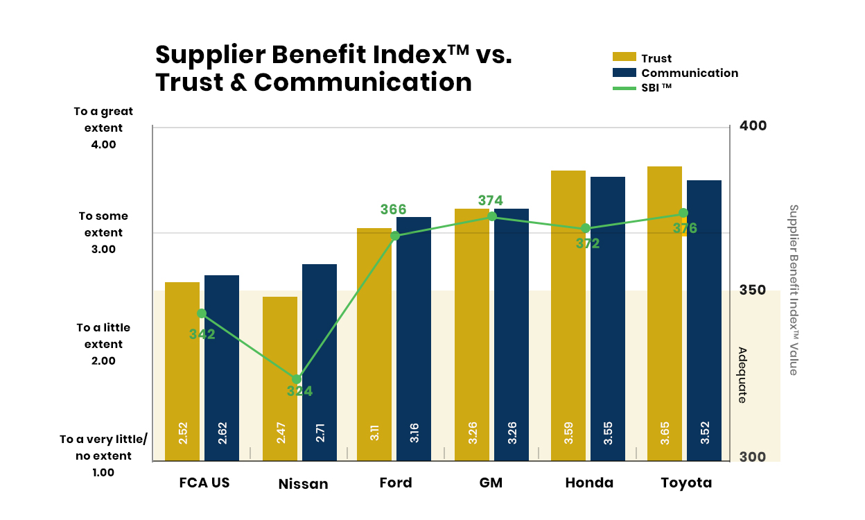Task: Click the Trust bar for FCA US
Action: click(182, 371)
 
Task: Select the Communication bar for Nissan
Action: click(320, 363)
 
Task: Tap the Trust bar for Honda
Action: click(568, 315)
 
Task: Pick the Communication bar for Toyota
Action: click(704, 320)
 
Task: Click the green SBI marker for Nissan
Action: click(297, 379)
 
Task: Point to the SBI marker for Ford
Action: click(395, 236)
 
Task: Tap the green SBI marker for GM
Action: click(492, 216)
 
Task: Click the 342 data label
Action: click(202, 334)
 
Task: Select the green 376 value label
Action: click(685, 228)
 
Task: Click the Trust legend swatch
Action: click(624, 57)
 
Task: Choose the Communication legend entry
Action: click(675, 73)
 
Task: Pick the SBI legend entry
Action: click(643, 87)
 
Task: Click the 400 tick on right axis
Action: click(753, 125)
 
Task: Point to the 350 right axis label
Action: click(752, 290)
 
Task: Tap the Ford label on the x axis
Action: click(396, 483)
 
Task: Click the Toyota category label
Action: click(686, 483)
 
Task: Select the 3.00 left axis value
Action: click(103, 249)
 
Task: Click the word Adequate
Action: click(742, 375)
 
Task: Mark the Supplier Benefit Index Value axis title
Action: click(793, 290)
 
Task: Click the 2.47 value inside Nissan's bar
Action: click(281, 433)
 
